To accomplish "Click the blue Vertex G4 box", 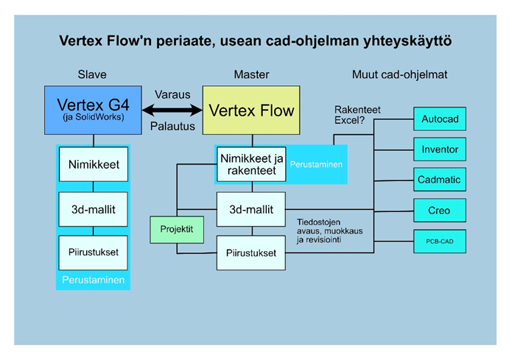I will (x=93, y=110).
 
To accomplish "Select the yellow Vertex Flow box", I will (x=251, y=110).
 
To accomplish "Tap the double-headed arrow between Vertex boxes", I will (x=172, y=110).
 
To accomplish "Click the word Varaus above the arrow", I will (x=172, y=95).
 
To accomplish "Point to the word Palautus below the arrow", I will (x=172, y=127).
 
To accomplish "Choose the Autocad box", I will (x=440, y=119).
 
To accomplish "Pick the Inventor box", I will (x=440, y=150).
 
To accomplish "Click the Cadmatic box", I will (x=440, y=180).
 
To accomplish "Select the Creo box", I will (x=440, y=211).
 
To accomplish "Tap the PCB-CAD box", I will (x=440, y=241).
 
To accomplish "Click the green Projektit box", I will (x=176, y=230).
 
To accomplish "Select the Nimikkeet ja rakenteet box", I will (x=250, y=163).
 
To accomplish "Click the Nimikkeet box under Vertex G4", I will (x=94, y=165).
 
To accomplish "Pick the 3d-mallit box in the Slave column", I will (x=94, y=208).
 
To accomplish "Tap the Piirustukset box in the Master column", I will (x=250, y=253).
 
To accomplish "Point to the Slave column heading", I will (x=92, y=74).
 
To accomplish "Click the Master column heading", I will (x=251, y=74).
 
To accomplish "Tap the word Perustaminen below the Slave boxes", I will (x=94, y=280).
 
